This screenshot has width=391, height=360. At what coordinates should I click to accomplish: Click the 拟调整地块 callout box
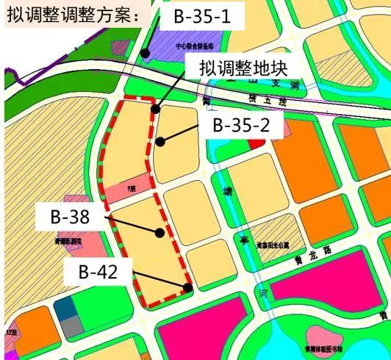pos(247,69)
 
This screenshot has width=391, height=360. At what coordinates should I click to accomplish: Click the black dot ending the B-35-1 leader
pos(146,53)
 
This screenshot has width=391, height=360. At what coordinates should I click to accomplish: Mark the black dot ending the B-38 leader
pos(160,232)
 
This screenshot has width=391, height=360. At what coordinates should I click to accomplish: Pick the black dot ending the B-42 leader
pos(189,287)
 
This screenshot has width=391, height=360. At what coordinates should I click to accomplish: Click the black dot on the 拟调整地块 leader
pos(154,109)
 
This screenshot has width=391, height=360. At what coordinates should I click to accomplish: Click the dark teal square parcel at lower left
pos(65,311)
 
